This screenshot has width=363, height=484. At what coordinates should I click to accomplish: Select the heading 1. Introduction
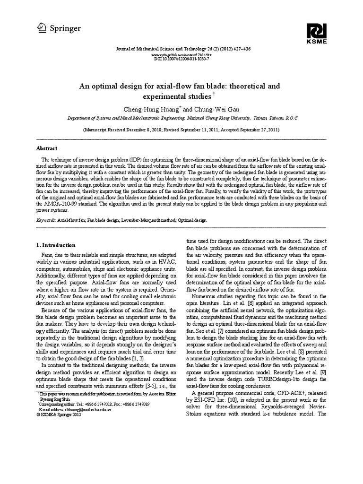coord(56,245)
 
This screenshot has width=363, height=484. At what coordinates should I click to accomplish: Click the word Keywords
coord(45,221)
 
